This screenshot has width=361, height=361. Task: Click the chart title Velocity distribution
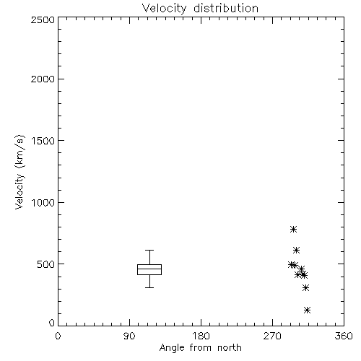(200, 8)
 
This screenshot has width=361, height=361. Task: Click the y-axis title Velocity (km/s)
(19, 172)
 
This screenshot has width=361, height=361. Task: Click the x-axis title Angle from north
(200, 348)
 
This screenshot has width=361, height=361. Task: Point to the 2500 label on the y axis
(43, 19)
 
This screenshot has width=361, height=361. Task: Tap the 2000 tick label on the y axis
(43, 79)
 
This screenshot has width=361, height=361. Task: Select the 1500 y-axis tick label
(43, 141)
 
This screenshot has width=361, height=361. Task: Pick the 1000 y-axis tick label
(43, 203)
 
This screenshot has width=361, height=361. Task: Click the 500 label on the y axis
(45, 264)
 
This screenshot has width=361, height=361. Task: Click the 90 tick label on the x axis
(129, 336)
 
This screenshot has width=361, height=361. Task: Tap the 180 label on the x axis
(201, 336)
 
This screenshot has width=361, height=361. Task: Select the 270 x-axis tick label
(272, 336)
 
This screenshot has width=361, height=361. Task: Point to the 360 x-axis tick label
(344, 336)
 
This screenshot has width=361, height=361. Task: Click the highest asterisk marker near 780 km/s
(293, 229)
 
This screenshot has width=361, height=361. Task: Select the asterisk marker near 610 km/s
(297, 251)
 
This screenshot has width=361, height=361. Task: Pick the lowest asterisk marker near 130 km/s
(307, 310)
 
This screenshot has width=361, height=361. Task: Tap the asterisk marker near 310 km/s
(305, 288)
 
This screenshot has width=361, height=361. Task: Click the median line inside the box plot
(149, 269)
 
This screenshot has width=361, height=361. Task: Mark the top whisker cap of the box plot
(149, 251)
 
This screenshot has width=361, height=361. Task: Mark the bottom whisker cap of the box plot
(149, 287)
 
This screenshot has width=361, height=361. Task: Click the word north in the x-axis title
(230, 348)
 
